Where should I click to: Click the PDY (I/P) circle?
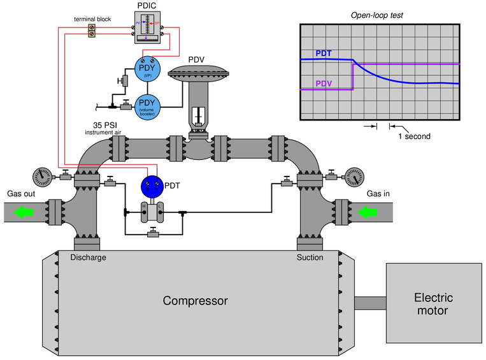click(x=147, y=68)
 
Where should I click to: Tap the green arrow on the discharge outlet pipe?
click(x=24, y=212)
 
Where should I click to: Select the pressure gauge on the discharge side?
click(x=43, y=177)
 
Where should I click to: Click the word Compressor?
click(x=195, y=301)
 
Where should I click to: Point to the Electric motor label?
click(x=433, y=304)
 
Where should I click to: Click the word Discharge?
click(x=88, y=257)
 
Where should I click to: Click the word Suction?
click(x=310, y=257)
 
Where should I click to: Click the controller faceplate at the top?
click(x=150, y=27)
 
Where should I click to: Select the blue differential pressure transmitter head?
click(x=152, y=187)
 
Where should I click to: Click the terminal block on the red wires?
click(x=92, y=30)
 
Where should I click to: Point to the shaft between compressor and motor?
click(x=369, y=303)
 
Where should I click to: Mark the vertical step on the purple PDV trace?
click(x=353, y=76)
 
